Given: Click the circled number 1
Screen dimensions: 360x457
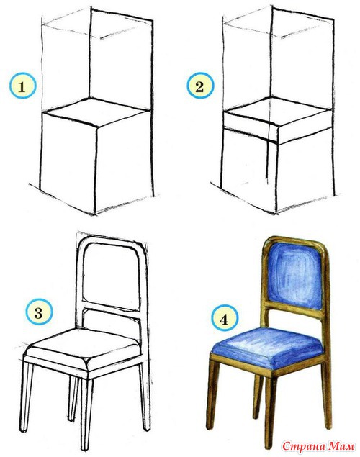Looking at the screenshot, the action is [x=23, y=86].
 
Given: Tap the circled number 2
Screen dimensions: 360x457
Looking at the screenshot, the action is [x=200, y=86].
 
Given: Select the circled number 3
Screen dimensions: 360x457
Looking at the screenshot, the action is [x=39, y=313].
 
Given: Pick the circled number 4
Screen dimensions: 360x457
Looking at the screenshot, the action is [x=224, y=320].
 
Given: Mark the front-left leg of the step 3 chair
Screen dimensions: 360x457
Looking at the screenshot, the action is [x=27, y=396].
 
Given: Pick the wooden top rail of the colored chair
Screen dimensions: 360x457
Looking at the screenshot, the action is [x=294, y=240].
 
